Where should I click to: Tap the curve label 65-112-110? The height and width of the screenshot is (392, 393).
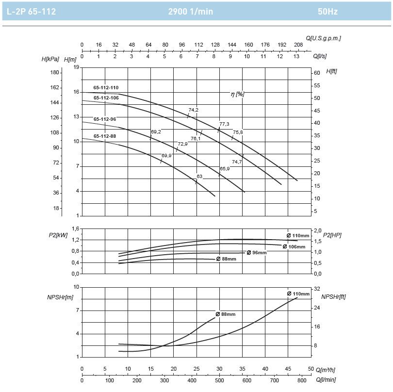coord(106,87)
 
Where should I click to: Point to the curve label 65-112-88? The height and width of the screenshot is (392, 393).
coord(105,136)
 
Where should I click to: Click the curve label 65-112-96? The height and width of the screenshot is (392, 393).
coord(105,119)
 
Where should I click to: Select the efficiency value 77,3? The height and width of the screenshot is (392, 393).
coord(224,124)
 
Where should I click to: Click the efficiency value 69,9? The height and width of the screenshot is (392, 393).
coord(166,155)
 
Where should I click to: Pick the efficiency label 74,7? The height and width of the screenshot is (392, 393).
coord(237,162)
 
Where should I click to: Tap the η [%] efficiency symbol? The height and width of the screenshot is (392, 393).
coord(237,94)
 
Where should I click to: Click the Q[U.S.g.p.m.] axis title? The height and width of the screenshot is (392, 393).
coord(323,38)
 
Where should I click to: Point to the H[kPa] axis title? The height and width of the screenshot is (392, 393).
coord(50,59)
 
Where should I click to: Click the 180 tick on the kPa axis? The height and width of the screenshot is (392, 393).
coord(55,73)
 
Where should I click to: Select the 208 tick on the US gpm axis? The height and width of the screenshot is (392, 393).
coord(298,45)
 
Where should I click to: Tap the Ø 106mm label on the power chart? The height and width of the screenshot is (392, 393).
coord(294,246)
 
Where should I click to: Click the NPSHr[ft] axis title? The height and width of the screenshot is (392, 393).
coord(333,296)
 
